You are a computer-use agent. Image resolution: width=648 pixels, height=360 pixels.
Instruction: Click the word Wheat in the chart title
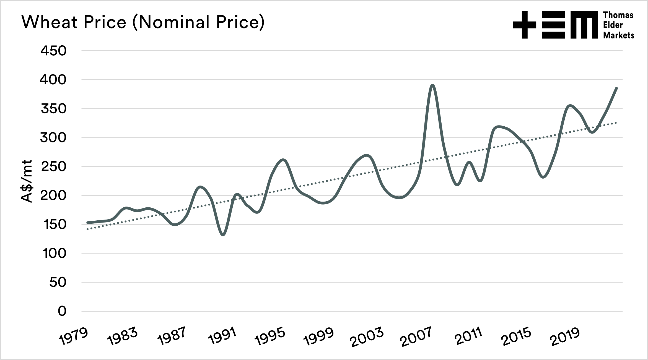tap(50, 22)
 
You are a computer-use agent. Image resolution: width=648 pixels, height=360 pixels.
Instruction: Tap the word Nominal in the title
tap(174, 22)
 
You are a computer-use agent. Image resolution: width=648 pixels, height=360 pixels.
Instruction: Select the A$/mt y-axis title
tap(27, 181)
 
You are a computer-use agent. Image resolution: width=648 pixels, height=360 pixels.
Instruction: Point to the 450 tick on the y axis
tap(53, 51)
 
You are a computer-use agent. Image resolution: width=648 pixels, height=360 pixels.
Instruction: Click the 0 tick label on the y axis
tap(62, 311)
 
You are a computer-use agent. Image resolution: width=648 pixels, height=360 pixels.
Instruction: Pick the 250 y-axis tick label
tap(53, 166)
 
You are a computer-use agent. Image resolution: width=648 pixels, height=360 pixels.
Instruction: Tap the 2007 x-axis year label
tap(416, 336)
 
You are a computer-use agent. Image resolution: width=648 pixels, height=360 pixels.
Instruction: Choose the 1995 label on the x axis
tap(270, 336)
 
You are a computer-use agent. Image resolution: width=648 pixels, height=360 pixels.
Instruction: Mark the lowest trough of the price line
tap(223, 235)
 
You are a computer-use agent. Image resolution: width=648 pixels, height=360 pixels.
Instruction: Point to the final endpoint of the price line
tap(617, 88)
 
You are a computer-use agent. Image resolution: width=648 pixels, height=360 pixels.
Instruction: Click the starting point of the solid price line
tap(88, 223)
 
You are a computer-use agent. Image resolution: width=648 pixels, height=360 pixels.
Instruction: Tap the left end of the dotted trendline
tap(87, 229)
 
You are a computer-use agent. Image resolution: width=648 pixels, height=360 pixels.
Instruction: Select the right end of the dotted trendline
tap(616, 122)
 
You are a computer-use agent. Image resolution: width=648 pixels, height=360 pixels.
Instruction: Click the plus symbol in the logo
tap(525, 25)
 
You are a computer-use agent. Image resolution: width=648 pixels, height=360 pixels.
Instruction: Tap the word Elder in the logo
tap(613, 25)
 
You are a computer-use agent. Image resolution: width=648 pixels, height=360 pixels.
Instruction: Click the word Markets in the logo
tap(618, 35)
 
